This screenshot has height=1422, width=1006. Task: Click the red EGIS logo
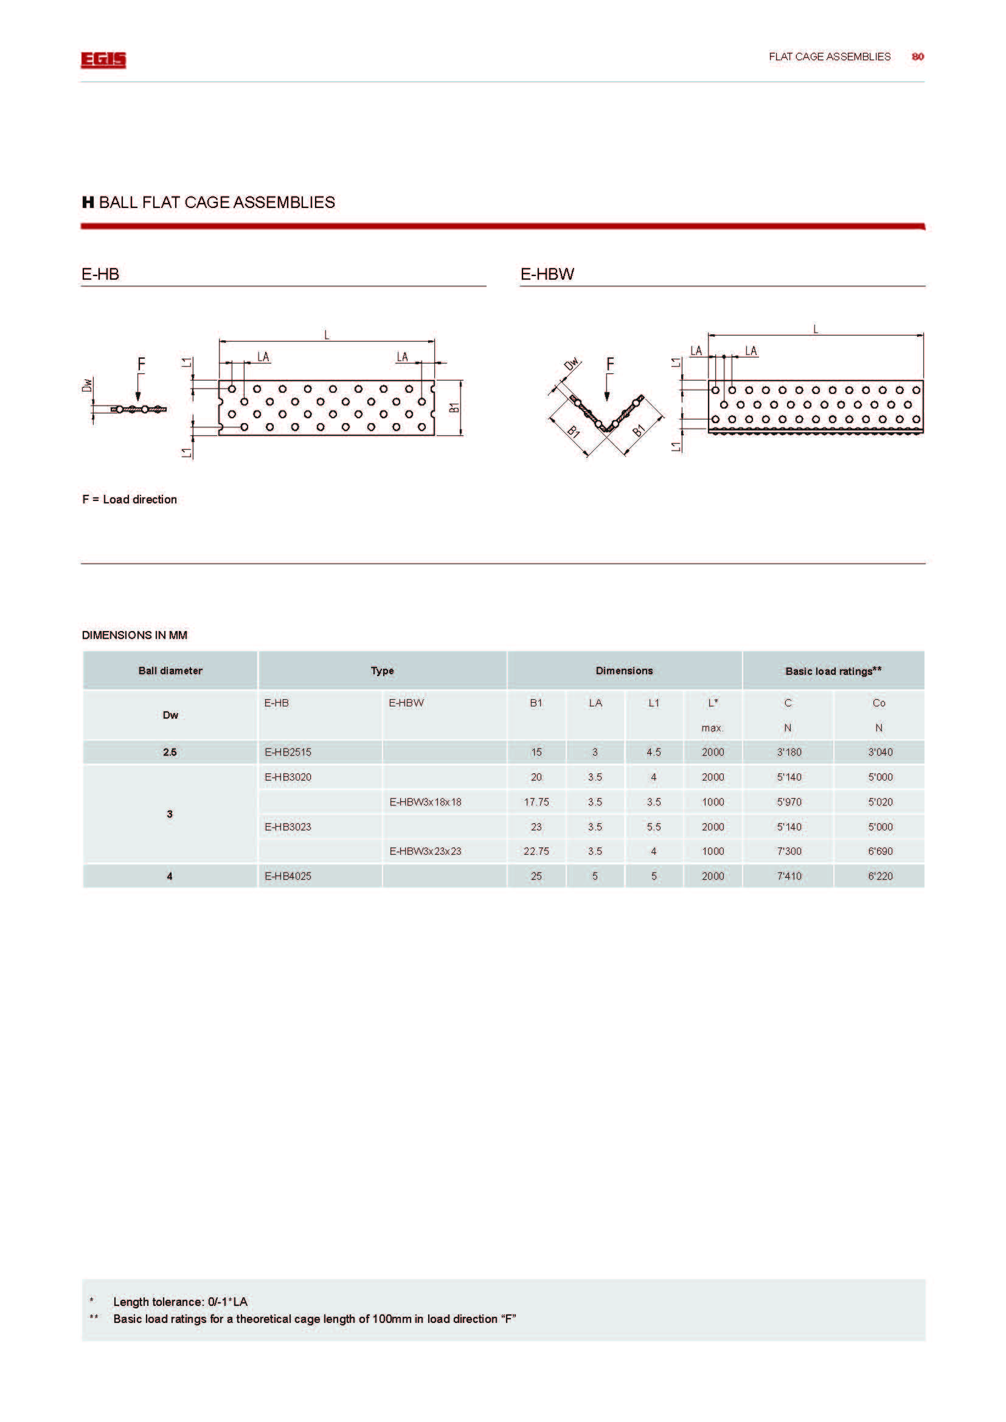(x=103, y=60)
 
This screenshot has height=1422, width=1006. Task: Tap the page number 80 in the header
(x=917, y=57)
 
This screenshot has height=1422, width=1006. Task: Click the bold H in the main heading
(x=88, y=202)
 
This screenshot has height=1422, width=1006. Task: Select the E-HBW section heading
(x=547, y=274)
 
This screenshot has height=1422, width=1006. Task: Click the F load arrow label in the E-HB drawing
(x=141, y=364)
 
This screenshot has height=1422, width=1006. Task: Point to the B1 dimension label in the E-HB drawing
(x=454, y=408)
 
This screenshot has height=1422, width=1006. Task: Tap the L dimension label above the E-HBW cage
(x=815, y=329)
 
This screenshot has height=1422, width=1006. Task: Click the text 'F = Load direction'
(x=130, y=499)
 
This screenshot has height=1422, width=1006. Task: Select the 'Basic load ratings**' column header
(x=833, y=671)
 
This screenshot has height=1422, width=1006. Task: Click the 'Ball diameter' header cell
(x=170, y=671)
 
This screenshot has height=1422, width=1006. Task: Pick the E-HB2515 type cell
(x=288, y=752)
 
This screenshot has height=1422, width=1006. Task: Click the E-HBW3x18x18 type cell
(x=425, y=801)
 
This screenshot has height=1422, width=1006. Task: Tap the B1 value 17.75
(x=536, y=801)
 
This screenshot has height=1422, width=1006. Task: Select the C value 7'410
(x=789, y=875)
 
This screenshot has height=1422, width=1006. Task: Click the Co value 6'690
(x=879, y=851)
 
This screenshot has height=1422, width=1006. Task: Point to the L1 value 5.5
(x=653, y=826)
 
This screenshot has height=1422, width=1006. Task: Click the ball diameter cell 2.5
(x=170, y=752)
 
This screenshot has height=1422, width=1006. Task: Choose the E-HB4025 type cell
(x=288, y=875)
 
